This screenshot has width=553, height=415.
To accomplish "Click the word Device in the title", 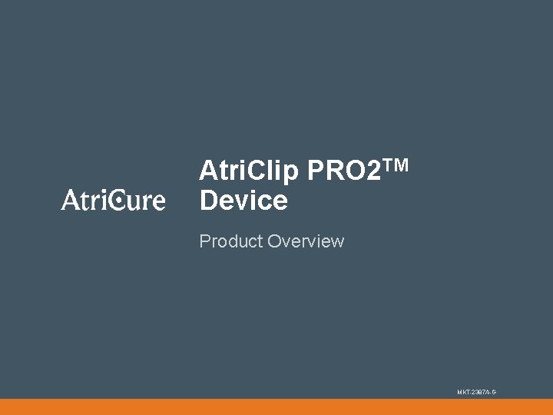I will pyautogui.click(x=243, y=201).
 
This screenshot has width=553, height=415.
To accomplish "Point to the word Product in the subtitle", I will pyautogui.click(x=230, y=241).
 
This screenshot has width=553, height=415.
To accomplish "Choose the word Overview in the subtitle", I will pyautogui.click(x=306, y=241).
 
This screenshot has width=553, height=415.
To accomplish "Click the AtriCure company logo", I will pyautogui.click(x=113, y=200).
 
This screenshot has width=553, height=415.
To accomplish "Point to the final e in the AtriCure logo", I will pyautogui.click(x=157, y=202).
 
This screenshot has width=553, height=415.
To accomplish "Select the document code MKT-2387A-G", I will pyautogui.click(x=477, y=392).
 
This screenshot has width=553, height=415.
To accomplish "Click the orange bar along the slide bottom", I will pyautogui.click(x=276, y=407).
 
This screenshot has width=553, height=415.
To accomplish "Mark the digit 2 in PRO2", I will pyautogui.click(x=373, y=171).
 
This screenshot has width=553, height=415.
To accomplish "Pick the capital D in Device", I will pyautogui.click(x=209, y=201).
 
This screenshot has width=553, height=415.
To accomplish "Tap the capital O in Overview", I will pyautogui.click(x=274, y=241).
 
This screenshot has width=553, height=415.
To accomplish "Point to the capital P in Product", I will pyautogui.click(x=204, y=241).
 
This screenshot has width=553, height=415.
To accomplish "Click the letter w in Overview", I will pyautogui.click(x=338, y=242).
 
